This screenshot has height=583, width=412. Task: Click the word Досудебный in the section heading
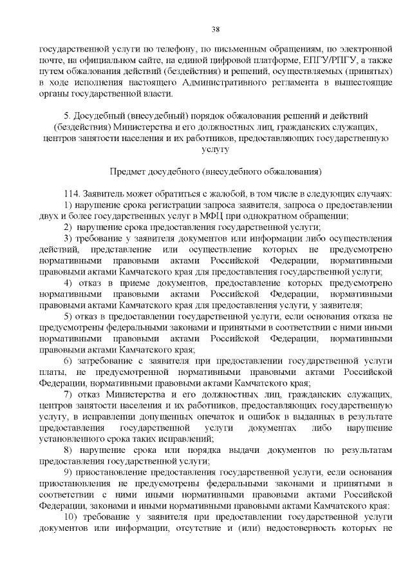click(97, 115)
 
